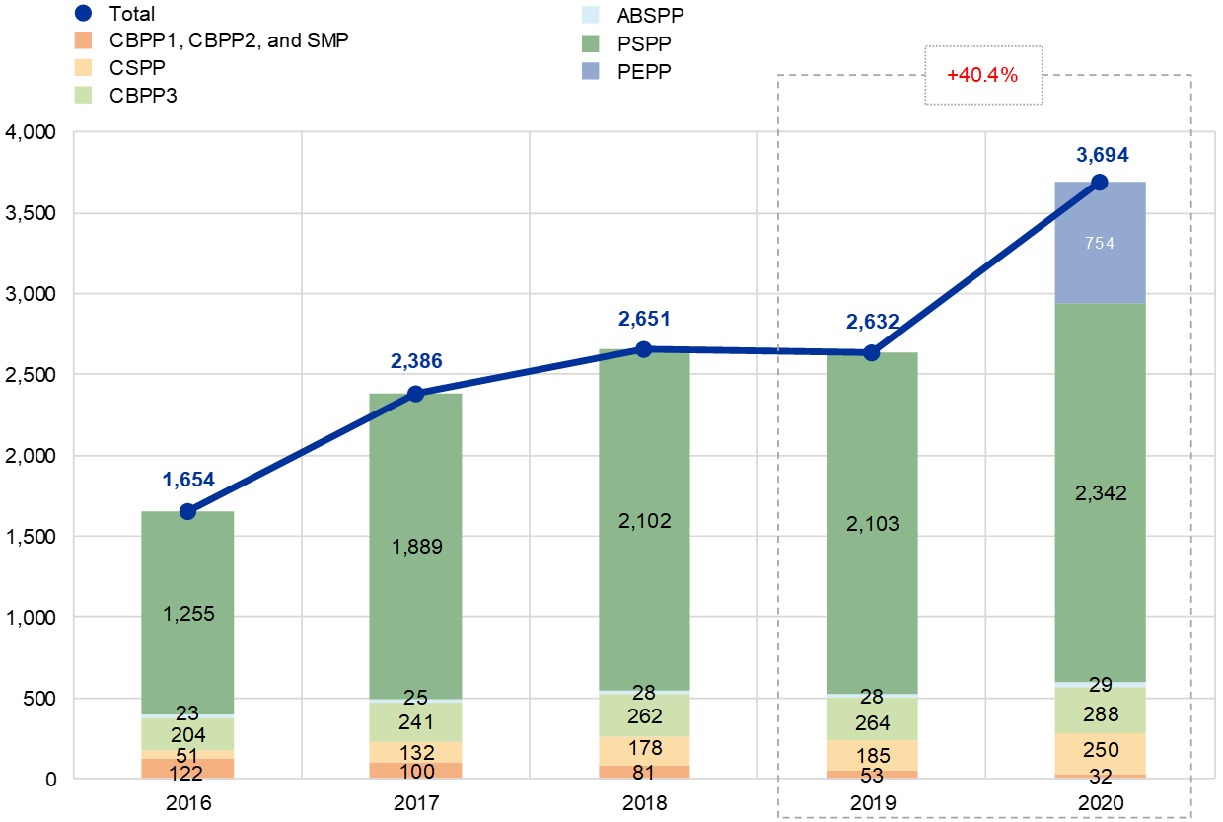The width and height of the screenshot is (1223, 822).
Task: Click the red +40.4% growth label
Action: click(x=982, y=75)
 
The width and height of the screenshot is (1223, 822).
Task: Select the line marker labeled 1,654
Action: click(x=187, y=511)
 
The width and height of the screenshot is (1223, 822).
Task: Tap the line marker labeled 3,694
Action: click(x=1100, y=182)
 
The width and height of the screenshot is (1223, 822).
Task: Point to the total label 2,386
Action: click(x=416, y=361)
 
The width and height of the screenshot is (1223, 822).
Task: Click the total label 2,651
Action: click(x=644, y=319)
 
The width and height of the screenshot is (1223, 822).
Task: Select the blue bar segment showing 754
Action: click(x=1100, y=243)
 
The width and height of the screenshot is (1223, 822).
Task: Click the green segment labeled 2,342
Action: click(x=1100, y=493)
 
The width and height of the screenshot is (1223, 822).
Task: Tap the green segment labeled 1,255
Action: click(x=187, y=613)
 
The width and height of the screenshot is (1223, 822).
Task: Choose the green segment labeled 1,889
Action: click(x=415, y=547)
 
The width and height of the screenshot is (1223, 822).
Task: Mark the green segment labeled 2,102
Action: click(x=644, y=521)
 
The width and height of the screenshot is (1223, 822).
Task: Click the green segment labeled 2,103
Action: click(x=872, y=524)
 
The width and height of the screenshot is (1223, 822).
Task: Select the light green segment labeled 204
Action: click(x=187, y=734)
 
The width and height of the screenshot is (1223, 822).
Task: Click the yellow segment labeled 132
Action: click(x=415, y=752)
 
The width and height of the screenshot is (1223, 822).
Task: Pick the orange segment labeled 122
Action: click(x=187, y=769)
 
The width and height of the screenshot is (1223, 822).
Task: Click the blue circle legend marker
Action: click(x=84, y=13)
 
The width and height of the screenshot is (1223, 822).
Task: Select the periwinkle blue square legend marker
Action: click(x=591, y=70)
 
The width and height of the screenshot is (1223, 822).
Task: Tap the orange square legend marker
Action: click(x=84, y=40)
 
